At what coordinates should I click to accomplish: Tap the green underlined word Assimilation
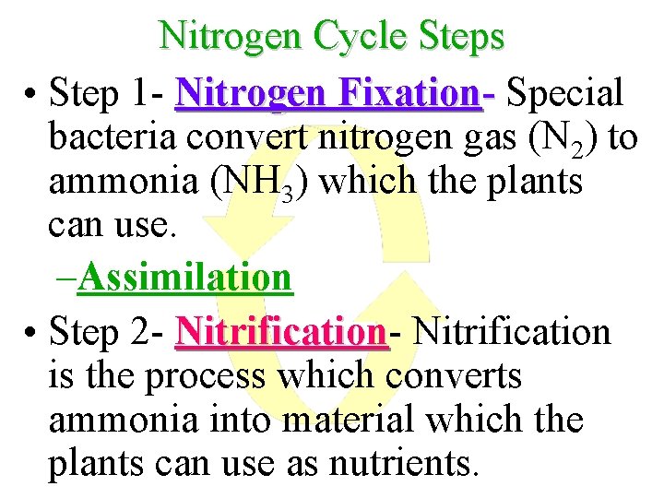click(x=185, y=277)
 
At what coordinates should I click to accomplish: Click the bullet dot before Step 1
click(x=31, y=94)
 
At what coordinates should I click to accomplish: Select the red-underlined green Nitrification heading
click(x=280, y=330)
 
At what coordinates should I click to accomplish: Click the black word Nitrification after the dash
click(x=513, y=330)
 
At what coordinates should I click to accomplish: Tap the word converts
click(x=455, y=375)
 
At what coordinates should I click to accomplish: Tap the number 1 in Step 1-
click(x=141, y=92)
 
